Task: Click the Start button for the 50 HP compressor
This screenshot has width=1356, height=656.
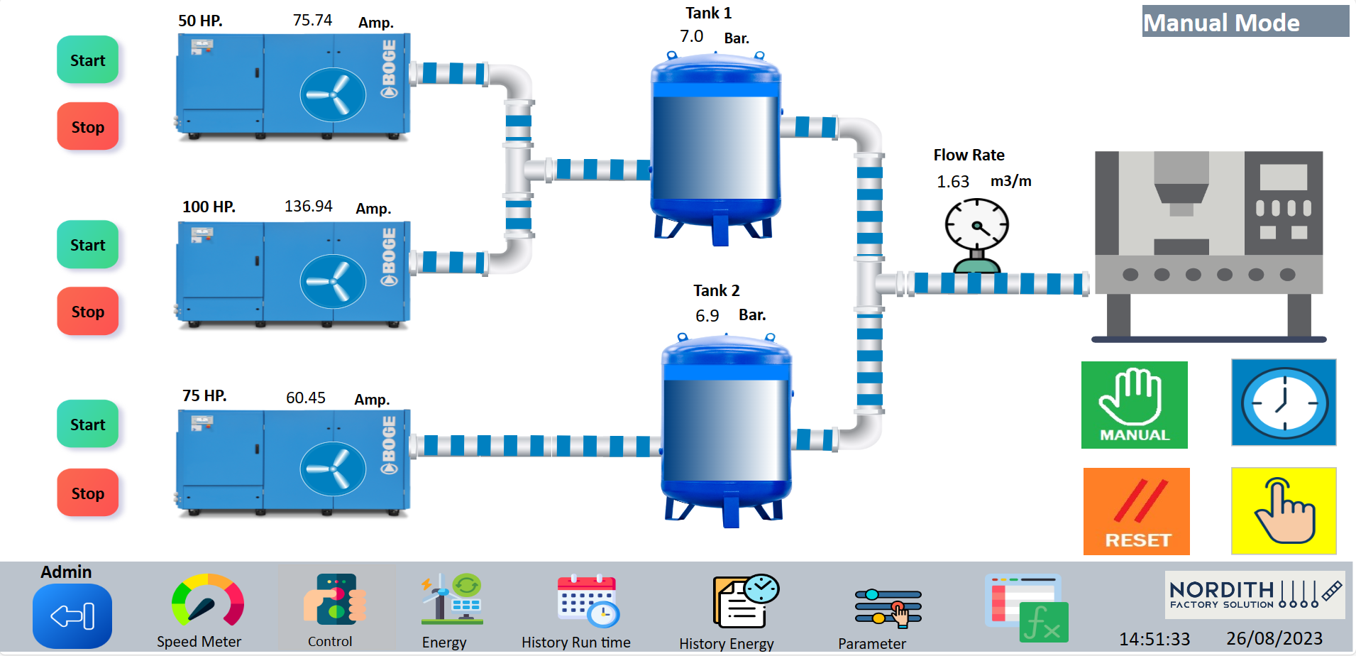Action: point(87,60)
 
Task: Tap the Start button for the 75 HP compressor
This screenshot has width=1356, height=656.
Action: point(87,425)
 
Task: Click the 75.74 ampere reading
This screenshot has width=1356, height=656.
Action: point(312,21)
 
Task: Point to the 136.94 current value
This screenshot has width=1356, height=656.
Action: point(308,207)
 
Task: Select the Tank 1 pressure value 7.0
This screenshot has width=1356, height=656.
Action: point(691,37)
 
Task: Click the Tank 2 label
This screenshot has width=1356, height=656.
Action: point(716,290)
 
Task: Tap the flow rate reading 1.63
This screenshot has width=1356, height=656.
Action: point(952,182)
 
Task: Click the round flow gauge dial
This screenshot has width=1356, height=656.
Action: point(976,225)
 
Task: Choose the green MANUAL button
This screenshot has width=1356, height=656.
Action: point(1134,405)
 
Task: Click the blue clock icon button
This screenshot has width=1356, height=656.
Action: point(1284,403)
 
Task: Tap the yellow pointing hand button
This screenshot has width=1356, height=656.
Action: point(1284,510)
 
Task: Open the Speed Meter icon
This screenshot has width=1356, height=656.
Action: point(207,601)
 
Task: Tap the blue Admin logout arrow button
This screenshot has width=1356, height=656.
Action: point(72,616)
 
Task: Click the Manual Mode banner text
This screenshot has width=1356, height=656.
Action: point(1221,23)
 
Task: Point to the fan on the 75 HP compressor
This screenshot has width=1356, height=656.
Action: point(333,469)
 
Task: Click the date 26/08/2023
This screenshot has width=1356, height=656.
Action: point(1274,638)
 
